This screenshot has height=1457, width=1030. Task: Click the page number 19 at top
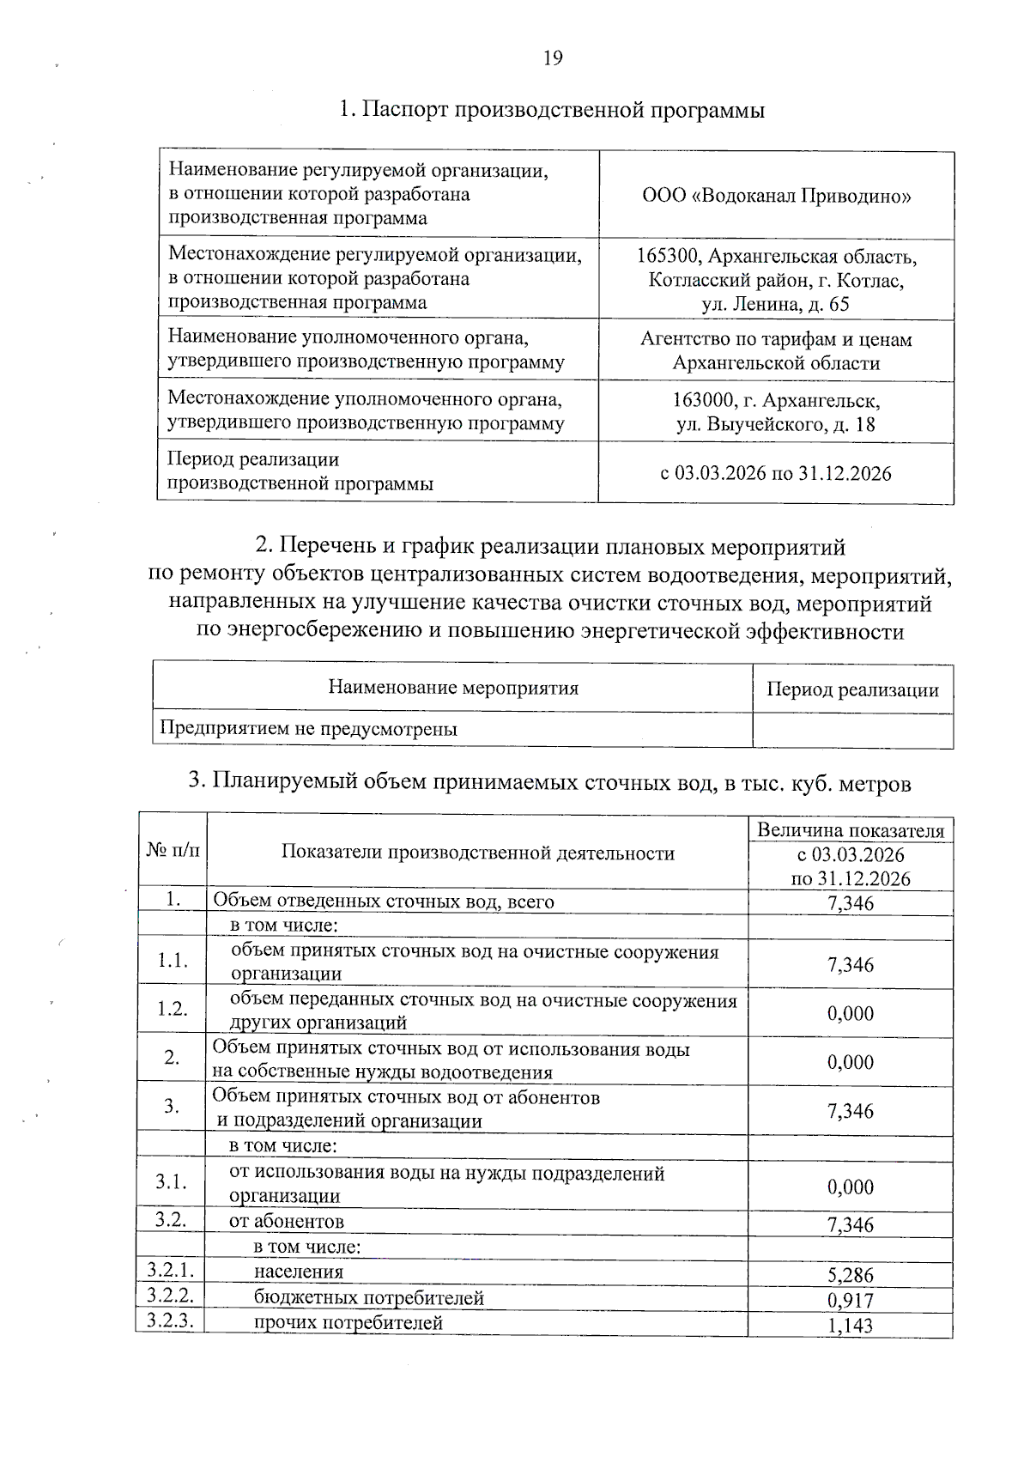[x=553, y=58]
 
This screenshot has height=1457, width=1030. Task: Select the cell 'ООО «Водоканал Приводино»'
[x=777, y=196]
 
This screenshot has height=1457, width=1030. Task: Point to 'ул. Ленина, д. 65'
[x=775, y=304]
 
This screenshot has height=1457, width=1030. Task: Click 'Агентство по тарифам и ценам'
[x=776, y=339]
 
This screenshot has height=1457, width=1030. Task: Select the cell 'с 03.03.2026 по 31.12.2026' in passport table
[x=776, y=473]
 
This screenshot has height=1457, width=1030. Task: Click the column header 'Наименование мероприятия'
[x=453, y=688]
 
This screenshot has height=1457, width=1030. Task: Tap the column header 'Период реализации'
[x=852, y=690]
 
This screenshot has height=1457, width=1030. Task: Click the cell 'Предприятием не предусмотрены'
[x=309, y=730]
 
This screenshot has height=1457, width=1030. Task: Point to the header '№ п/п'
[x=173, y=850]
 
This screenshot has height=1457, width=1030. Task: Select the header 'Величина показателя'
[x=851, y=830]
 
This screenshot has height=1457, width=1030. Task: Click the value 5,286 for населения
[x=851, y=1275]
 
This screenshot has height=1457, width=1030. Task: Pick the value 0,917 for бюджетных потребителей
[x=851, y=1300]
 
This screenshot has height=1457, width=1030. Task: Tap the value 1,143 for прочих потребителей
[x=851, y=1326]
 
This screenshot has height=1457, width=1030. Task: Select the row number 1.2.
[x=173, y=1009]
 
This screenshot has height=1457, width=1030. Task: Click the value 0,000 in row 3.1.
[x=851, y=1187]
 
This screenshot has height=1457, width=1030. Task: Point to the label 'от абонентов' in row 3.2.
[x=286, y=1222]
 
